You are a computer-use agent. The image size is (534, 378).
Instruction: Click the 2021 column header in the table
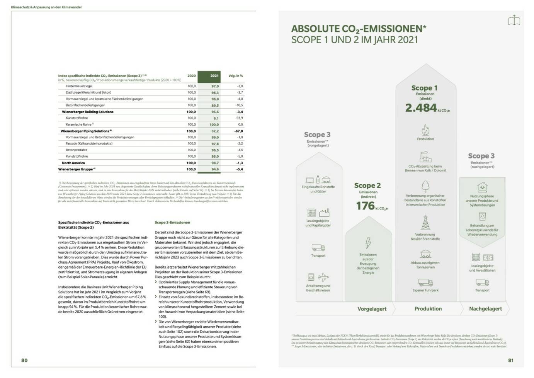pos(214,76)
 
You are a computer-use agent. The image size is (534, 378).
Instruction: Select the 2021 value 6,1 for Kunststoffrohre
pos(216,118)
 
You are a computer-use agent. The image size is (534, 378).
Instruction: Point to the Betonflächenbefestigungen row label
pos(85,105)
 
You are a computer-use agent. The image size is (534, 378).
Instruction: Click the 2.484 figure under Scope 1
pos(421,108)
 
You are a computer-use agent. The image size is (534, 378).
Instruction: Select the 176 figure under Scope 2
pos(366,206)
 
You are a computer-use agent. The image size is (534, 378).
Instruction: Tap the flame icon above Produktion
pos(425,130)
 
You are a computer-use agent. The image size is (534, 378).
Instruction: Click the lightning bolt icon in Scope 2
pos(368,243)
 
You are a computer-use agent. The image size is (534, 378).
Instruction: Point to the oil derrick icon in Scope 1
pos(425,222)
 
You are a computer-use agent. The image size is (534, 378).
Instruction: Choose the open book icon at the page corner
pos(514,20)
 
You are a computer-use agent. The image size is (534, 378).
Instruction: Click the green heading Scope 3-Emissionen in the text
pos(172,223)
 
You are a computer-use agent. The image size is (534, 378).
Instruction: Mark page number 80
pos(24,360)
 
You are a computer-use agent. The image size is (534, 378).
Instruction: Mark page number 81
pos(511,360)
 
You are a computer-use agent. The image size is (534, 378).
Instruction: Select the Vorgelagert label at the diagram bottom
pos(372,309)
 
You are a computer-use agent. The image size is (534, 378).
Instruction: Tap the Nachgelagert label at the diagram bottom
pos(485,309)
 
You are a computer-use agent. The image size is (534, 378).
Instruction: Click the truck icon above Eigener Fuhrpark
pos(425,282)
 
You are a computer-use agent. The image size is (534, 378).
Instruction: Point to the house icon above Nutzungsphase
pos(482,187)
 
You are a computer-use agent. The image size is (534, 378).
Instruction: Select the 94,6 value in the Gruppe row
pos(215,169)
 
